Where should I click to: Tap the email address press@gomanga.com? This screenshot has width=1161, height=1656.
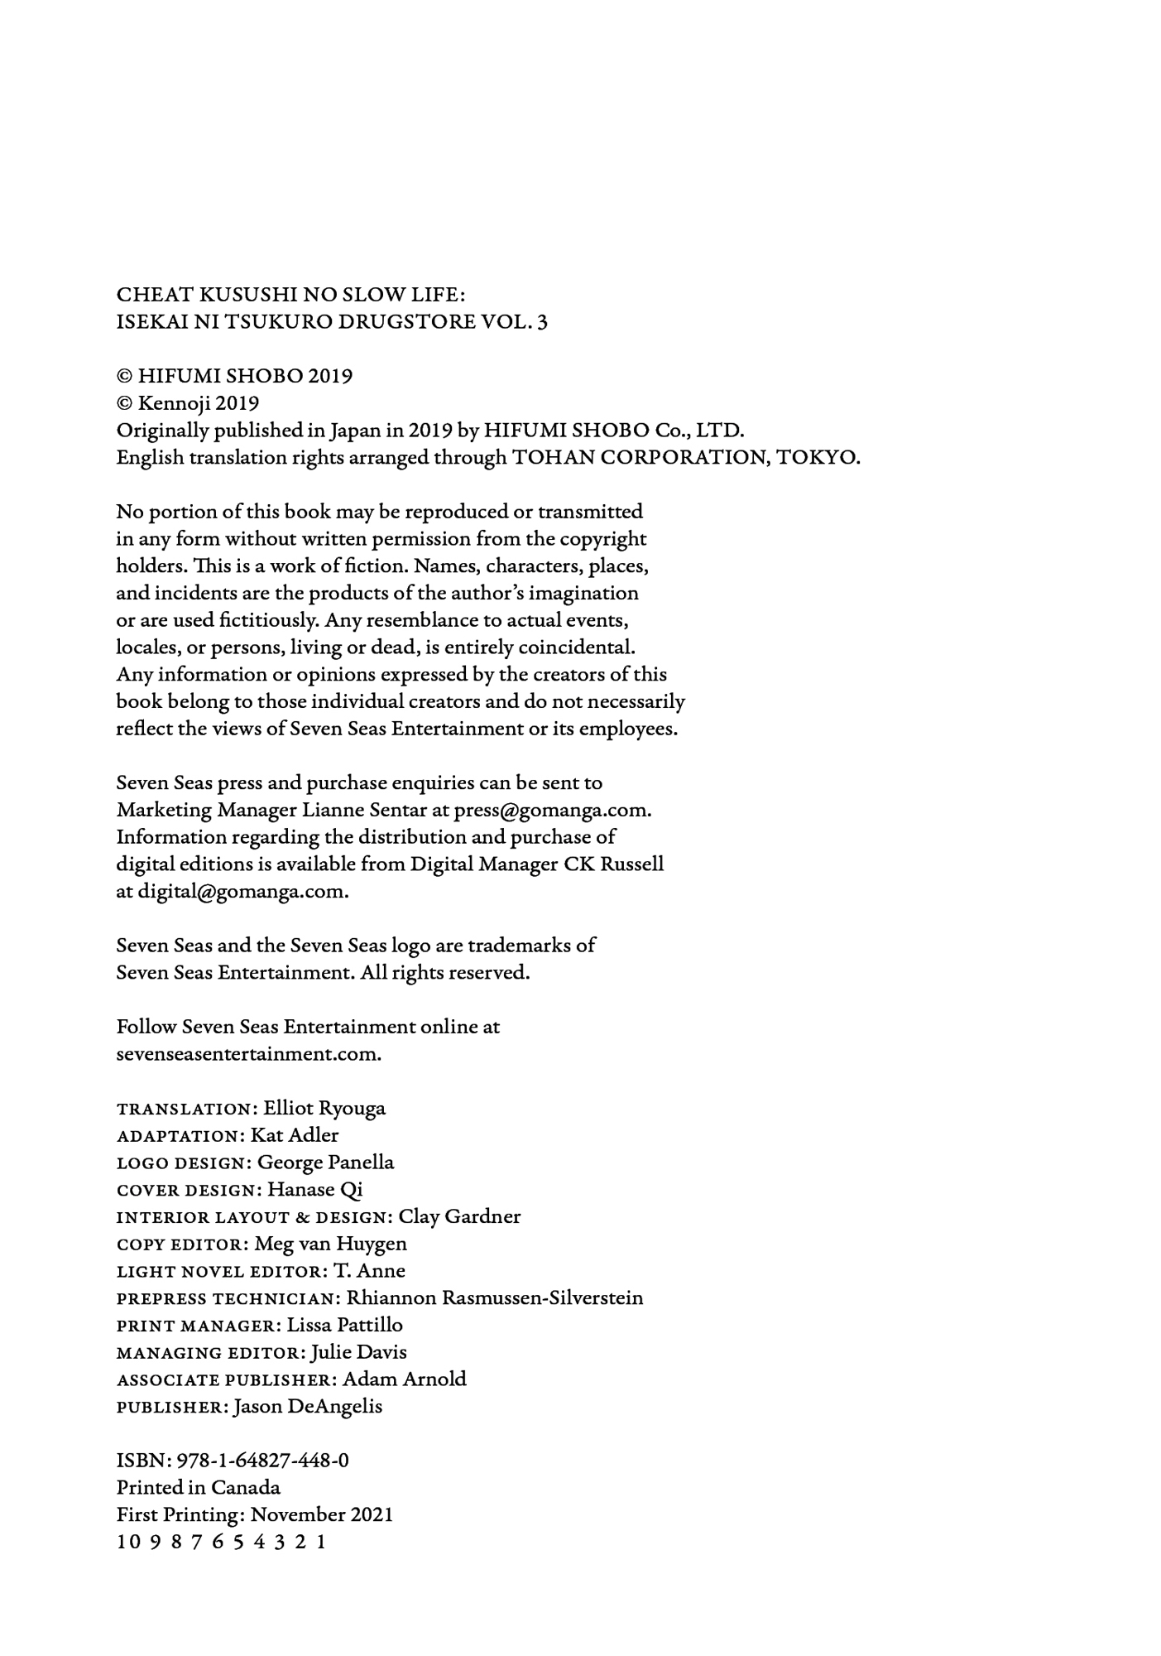pos(553,810)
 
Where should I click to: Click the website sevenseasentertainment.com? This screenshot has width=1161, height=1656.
pos(248,1054)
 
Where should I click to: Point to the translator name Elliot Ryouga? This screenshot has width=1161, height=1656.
pos(324,1108)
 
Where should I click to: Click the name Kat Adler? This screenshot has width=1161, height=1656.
pos(295,1135)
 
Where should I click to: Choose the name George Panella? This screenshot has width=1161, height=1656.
pos(325,1163)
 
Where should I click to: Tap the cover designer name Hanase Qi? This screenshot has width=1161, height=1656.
pos(315,1190)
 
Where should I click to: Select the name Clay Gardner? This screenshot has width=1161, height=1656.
pos(459,1216)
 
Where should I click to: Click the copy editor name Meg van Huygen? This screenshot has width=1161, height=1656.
pos(331,1244)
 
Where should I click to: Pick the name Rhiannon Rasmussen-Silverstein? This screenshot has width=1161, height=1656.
pos(494,1297)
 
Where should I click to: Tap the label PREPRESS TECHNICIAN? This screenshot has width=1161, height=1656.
pos(228,1298)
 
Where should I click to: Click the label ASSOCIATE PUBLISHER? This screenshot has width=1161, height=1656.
pos(223,1379)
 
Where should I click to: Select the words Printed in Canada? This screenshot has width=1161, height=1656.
pos(199,1487)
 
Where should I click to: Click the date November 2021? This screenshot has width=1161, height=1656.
pos(322,1514)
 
